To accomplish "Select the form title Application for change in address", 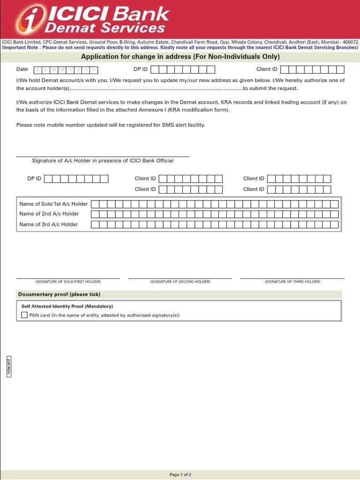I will pyautogui.click(x=180, y=57).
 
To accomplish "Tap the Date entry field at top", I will pyautogui.click(x=66, y=70).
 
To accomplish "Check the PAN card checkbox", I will pyautogui.click(x=24, y=315).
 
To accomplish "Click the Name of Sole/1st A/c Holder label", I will pyautogui.click(x=53, y=204).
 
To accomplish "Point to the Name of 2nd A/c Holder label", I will pyautogui.click(x=49, y=214).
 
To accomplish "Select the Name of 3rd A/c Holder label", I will pyautogui.click(x=49, y=225).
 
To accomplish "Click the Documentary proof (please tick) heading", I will pyautogui.click(x=59, y=294).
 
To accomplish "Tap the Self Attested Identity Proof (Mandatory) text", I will pyautogui.click(x=67, y=306).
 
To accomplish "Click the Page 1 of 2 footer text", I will pyautogui.click(x=180, y=475).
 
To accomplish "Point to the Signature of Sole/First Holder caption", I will pyautogui.click(x=68, y=282).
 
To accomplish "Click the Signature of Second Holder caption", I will pyautogui.click(x=180, y=282).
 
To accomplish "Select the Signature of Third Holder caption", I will pyautogui.click(x=292, y=282).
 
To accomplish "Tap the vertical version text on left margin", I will pyautogui.click(x=8, y=366).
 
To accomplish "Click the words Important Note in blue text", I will pyautogui.click(x=21, y=48).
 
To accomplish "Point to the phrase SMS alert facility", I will pyautogui.click(x=183, y=125).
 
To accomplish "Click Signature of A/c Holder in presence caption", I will pyautogui.click(x=103, y=161).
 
